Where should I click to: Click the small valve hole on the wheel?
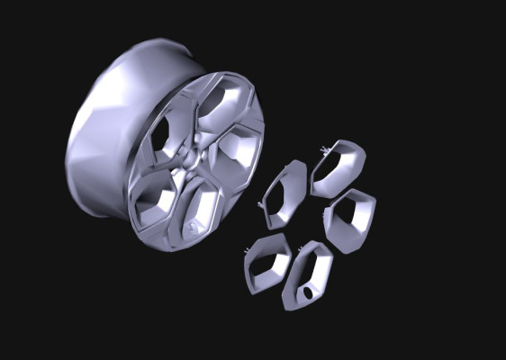194,226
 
